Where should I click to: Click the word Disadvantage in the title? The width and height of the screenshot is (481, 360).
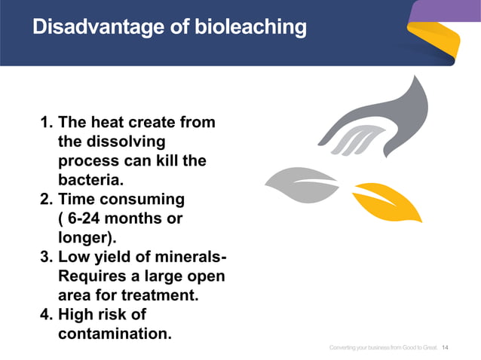click(x=93, y=28)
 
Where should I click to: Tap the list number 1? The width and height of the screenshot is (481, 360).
click(x=44, y=122)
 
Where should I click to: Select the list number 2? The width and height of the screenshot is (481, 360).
click(x=44, y=200)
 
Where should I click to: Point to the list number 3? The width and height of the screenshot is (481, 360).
click(x=44, y=258)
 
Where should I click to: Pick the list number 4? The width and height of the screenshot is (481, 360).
click(x=44, y=314)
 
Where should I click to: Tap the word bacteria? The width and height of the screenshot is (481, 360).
click(x=90, y=181)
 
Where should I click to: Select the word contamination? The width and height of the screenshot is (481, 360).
click(x=114, y=333)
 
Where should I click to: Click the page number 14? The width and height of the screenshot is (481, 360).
click(x=444, y=347)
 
